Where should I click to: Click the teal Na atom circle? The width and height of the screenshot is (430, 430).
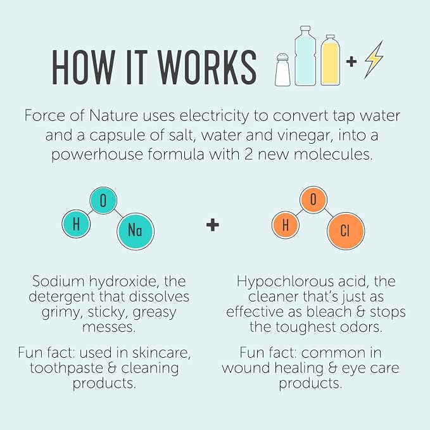(x=136, y=231)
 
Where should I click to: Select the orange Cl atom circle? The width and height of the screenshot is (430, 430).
(x=346, y=231)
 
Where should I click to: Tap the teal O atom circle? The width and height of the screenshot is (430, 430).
(x=103, y=201)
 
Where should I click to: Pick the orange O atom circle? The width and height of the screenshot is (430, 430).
(x=313, y=200)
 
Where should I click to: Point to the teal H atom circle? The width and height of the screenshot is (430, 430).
(x=76, y=224)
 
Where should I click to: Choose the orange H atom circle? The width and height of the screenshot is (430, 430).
(x=286, y=225)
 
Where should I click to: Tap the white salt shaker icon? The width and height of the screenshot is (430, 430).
(x=283, y=70)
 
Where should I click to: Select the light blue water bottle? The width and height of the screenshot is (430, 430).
(x=305, y=56)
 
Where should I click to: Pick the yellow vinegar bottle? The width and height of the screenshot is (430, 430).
(x=330, y=60)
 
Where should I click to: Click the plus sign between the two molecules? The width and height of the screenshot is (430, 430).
(x=213, y=225)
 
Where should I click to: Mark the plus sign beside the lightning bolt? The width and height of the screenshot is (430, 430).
(x=351, y=61)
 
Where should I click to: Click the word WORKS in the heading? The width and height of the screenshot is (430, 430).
(x=207, y=67)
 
